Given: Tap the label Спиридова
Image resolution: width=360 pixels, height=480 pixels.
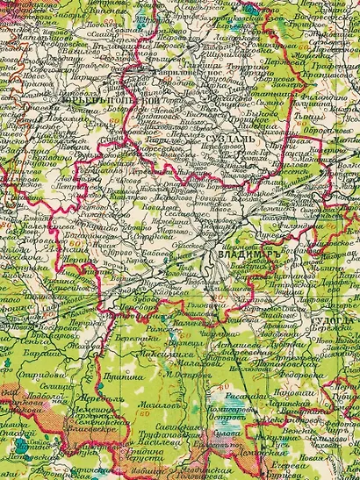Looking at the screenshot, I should tap(45, 385).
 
